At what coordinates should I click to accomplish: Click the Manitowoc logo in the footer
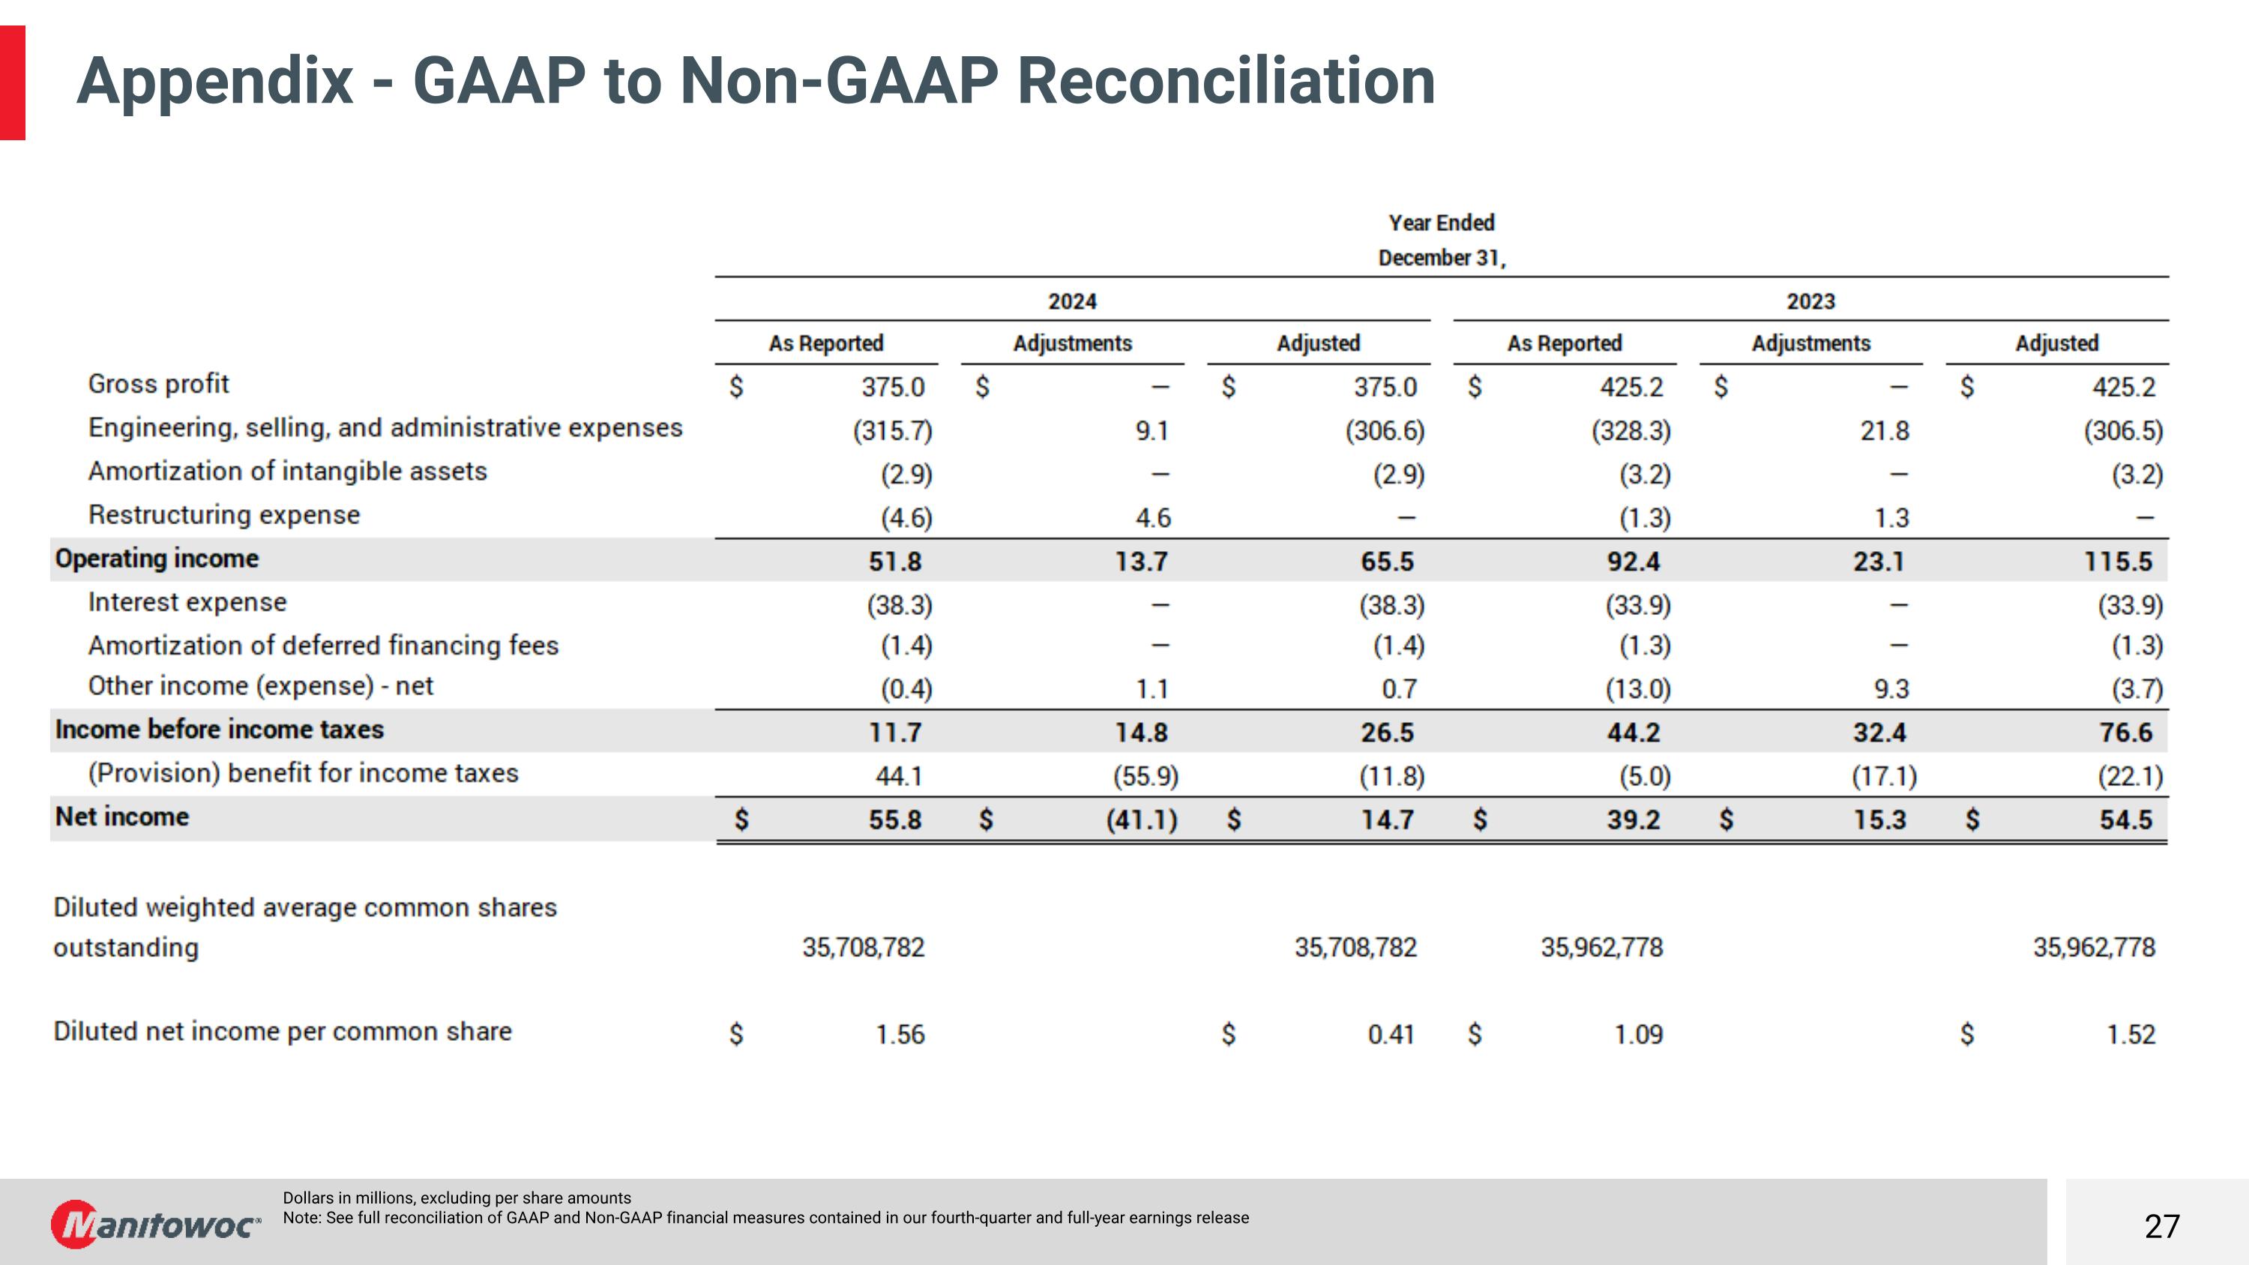[155, 1224]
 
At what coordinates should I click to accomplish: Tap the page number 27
[2162, 1227]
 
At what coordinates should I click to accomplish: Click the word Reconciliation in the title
[1226, 81]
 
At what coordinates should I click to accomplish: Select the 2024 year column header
[1072, 301]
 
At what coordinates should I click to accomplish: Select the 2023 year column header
[1810, 301]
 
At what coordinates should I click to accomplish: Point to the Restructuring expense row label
[223, 515]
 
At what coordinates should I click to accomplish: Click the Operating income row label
[157, 559]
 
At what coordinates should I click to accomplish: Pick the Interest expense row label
[187, 602]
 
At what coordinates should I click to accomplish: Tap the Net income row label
[122, 817]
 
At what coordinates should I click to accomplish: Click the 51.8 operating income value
[895, 562]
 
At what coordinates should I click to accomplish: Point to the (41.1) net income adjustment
[1142, 820]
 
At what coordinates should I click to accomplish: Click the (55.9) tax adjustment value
[1145, 776]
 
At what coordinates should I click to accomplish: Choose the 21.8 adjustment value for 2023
[1885, 430]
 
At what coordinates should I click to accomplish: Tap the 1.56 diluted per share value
[900, 1035]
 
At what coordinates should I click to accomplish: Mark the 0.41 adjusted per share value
[1391, 1035]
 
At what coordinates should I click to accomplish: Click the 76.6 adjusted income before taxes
[2126, 733]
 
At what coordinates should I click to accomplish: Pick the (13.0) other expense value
[1638, 690]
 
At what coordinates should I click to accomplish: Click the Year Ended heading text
[1442, 223]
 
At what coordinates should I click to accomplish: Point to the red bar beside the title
[12, 83]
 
